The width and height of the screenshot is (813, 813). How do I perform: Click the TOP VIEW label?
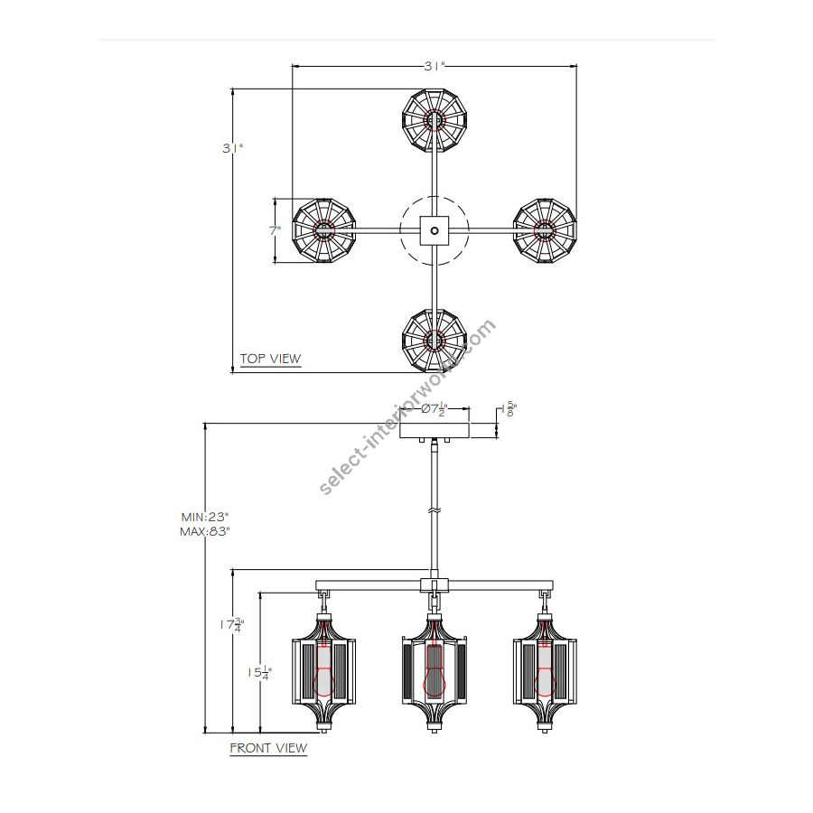270,359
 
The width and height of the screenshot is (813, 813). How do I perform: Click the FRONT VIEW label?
268,748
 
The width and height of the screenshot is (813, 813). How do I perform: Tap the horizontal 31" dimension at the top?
435,66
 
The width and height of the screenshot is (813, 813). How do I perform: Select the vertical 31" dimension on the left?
232,148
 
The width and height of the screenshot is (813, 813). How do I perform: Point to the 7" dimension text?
275,230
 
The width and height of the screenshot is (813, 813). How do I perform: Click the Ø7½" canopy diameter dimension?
434,408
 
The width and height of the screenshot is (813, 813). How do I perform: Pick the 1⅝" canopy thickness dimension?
509,409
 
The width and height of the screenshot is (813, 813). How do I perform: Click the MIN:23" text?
205,517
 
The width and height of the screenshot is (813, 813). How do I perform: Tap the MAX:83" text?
205,531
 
